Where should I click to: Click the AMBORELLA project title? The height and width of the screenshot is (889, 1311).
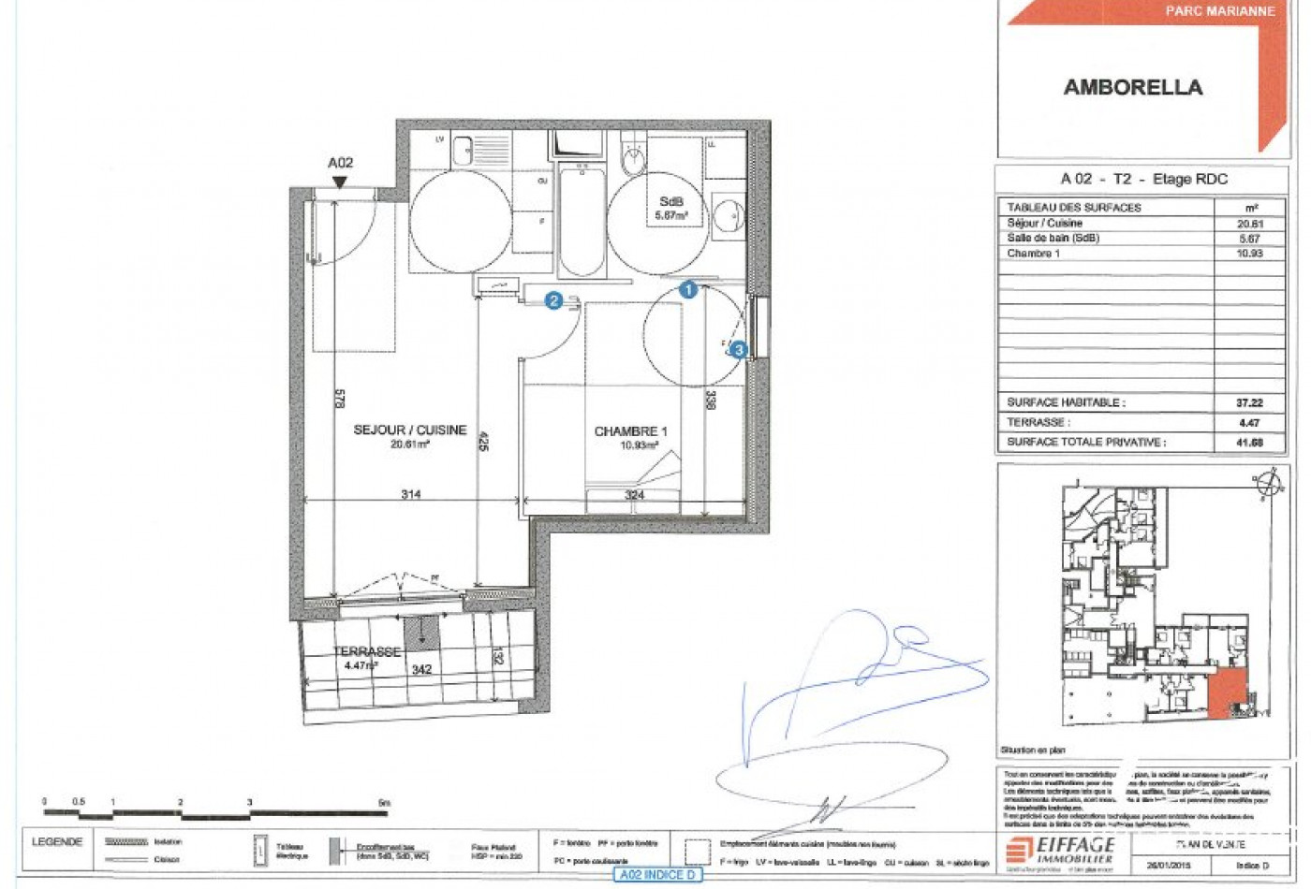(x=1132, y=88)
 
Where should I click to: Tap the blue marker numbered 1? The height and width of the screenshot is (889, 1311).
(x=688, y=290)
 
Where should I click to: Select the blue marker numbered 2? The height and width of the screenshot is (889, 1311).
(x=553, y=300)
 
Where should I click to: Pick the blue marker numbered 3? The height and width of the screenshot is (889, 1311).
(x=740, y=350)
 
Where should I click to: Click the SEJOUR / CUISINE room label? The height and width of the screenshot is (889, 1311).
(x=409, y=430)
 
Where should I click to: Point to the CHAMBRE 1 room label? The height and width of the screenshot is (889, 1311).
(x=630, y=431)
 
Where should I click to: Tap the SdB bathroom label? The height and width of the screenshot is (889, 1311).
(x=671, y=202)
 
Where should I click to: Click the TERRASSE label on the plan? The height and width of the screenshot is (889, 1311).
(x=366, y=651)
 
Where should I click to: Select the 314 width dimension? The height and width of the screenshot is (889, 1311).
(x=410, y=495)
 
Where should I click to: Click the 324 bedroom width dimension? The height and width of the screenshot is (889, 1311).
(x=634, y=495)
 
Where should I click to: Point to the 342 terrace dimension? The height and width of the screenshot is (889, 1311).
(x=422, y=670)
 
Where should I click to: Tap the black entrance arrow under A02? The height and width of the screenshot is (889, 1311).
(x=340, y=182)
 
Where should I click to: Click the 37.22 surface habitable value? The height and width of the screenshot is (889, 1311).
(x=1249, y=403)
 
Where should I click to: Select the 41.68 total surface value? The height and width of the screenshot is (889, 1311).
(x=1249, y=443)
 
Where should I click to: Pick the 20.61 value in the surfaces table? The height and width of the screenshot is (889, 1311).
(x=1250, y=224)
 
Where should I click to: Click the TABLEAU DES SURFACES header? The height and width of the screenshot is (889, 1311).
(x=1074, y=208)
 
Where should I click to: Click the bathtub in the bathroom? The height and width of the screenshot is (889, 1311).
(x=582, y=220)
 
